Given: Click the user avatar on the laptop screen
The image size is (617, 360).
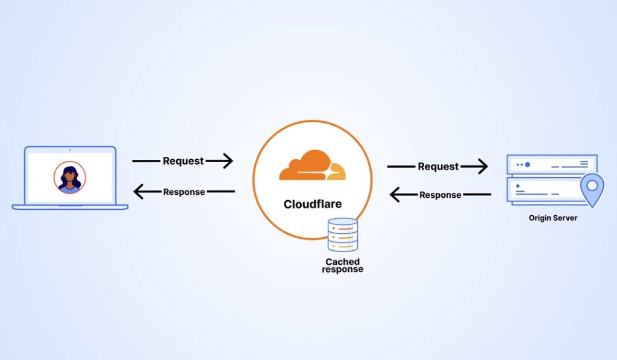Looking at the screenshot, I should (70, 177).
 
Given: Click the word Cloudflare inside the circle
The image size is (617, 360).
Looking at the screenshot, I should (312, 204).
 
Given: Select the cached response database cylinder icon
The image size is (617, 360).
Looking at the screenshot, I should (342, 235).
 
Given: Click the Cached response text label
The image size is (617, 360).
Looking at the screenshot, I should (342, 265).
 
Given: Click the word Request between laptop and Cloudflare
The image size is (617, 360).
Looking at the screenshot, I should (183, 161).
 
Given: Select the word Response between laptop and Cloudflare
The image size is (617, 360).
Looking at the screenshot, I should (184, 192).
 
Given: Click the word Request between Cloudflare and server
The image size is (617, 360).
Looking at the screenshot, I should (438, 166).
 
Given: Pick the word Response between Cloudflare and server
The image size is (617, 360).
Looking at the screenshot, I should (440, 195).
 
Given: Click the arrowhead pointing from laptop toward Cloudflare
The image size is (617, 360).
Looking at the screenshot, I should (227, 161).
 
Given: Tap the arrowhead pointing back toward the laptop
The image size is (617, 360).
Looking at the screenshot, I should (139, 192).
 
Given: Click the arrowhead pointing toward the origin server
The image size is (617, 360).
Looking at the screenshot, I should (482, 166).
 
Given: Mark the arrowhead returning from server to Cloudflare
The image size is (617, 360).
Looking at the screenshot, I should (395, 195).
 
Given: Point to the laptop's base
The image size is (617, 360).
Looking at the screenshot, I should (70, 207).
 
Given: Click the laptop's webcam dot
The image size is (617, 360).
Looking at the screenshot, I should (70, 149).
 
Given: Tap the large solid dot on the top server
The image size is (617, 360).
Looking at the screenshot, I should (527, 164).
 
